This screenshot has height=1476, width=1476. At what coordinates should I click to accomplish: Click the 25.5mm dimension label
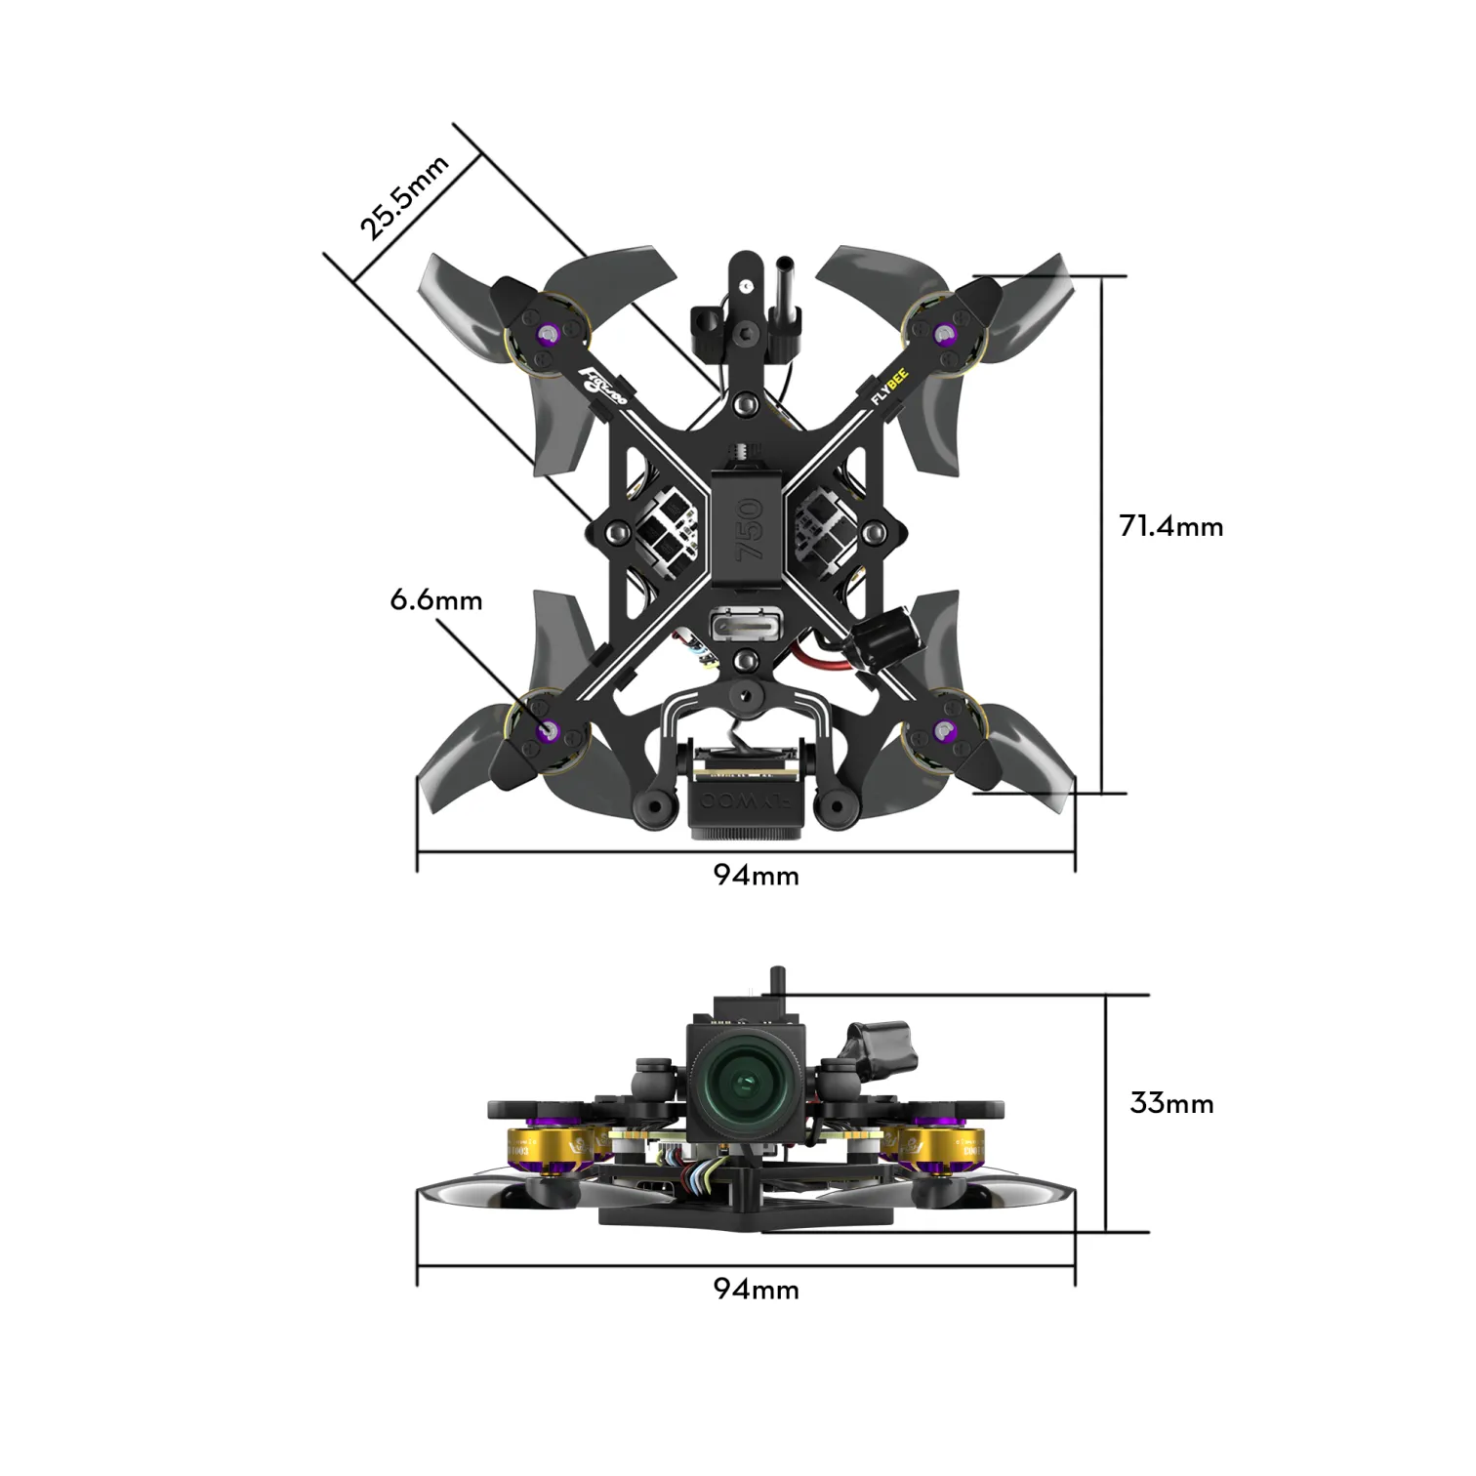coord(403,197)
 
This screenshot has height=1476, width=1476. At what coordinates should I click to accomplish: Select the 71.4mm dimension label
coord(1170,527)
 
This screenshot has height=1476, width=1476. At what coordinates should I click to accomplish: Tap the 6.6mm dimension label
coord(436,599)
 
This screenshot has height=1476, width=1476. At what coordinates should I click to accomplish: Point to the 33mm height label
coord(1171,1103)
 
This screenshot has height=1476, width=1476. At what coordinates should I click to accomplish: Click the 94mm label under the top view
coord(756,876)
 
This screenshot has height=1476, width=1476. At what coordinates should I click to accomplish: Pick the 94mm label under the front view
coord(756,1290)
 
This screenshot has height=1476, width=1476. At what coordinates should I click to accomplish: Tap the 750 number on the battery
coord(749,530)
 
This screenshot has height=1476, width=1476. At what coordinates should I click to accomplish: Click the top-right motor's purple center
coord(943,335)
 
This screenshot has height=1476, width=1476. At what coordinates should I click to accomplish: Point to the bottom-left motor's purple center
coord(550,728)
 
